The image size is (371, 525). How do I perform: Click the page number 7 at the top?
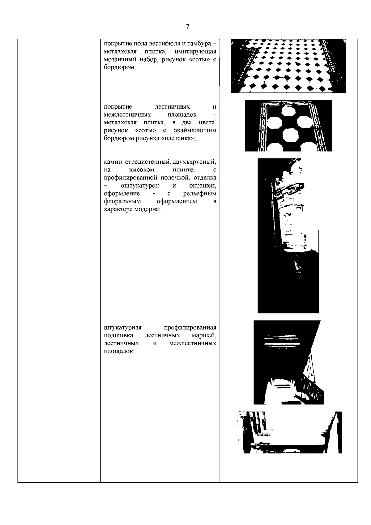(x=187, y=27)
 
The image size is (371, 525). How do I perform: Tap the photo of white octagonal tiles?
(x=288, y=126)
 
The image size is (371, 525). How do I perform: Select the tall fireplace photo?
(x=288, y=236)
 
